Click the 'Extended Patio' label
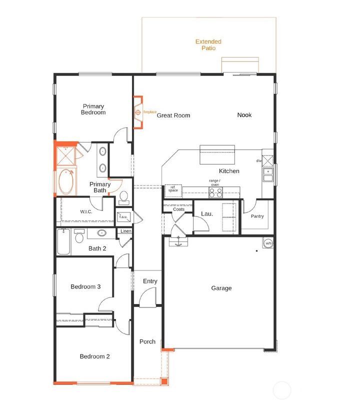208,45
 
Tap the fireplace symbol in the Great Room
138,112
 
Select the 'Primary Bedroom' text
93,109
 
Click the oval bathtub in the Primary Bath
65,182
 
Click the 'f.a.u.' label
122,217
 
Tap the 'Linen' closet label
125,231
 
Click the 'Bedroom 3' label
85,286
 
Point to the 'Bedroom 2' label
94,356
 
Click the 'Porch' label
147,342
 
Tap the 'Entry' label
150,281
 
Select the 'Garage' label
221,288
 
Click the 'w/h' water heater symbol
268,243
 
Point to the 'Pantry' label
257,216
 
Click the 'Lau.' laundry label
207,214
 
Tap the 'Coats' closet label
178,209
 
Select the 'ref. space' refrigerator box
173,189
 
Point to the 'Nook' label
244,115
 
